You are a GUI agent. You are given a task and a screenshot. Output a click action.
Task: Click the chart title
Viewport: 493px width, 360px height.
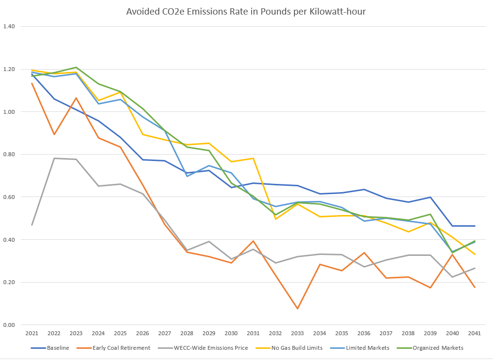246,11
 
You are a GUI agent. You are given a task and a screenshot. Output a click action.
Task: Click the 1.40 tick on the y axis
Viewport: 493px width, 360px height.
9,26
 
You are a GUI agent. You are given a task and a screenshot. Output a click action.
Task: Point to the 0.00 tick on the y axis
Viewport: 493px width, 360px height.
9,325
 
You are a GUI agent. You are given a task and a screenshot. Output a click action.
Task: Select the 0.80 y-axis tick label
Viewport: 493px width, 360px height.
9,154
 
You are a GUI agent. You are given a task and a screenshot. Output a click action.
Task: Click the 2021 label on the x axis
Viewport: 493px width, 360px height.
32,334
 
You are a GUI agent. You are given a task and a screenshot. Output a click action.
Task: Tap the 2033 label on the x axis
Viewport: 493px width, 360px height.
297,334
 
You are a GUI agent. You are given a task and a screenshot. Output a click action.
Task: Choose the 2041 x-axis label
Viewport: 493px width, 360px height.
475,334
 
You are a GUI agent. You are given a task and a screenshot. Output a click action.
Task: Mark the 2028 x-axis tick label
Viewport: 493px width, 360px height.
186,334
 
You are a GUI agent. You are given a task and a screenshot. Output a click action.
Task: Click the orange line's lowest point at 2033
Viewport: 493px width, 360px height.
297,308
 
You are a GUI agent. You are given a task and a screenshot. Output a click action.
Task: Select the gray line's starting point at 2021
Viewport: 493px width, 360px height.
32,225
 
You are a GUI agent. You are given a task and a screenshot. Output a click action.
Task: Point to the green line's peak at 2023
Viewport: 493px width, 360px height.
76,67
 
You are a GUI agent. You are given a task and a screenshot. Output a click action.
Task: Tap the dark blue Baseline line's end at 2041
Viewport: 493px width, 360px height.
475,226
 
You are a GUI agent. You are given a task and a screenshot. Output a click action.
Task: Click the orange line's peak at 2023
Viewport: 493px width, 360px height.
76,98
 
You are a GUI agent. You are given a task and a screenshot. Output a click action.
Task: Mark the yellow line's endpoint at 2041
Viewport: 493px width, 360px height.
475,254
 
